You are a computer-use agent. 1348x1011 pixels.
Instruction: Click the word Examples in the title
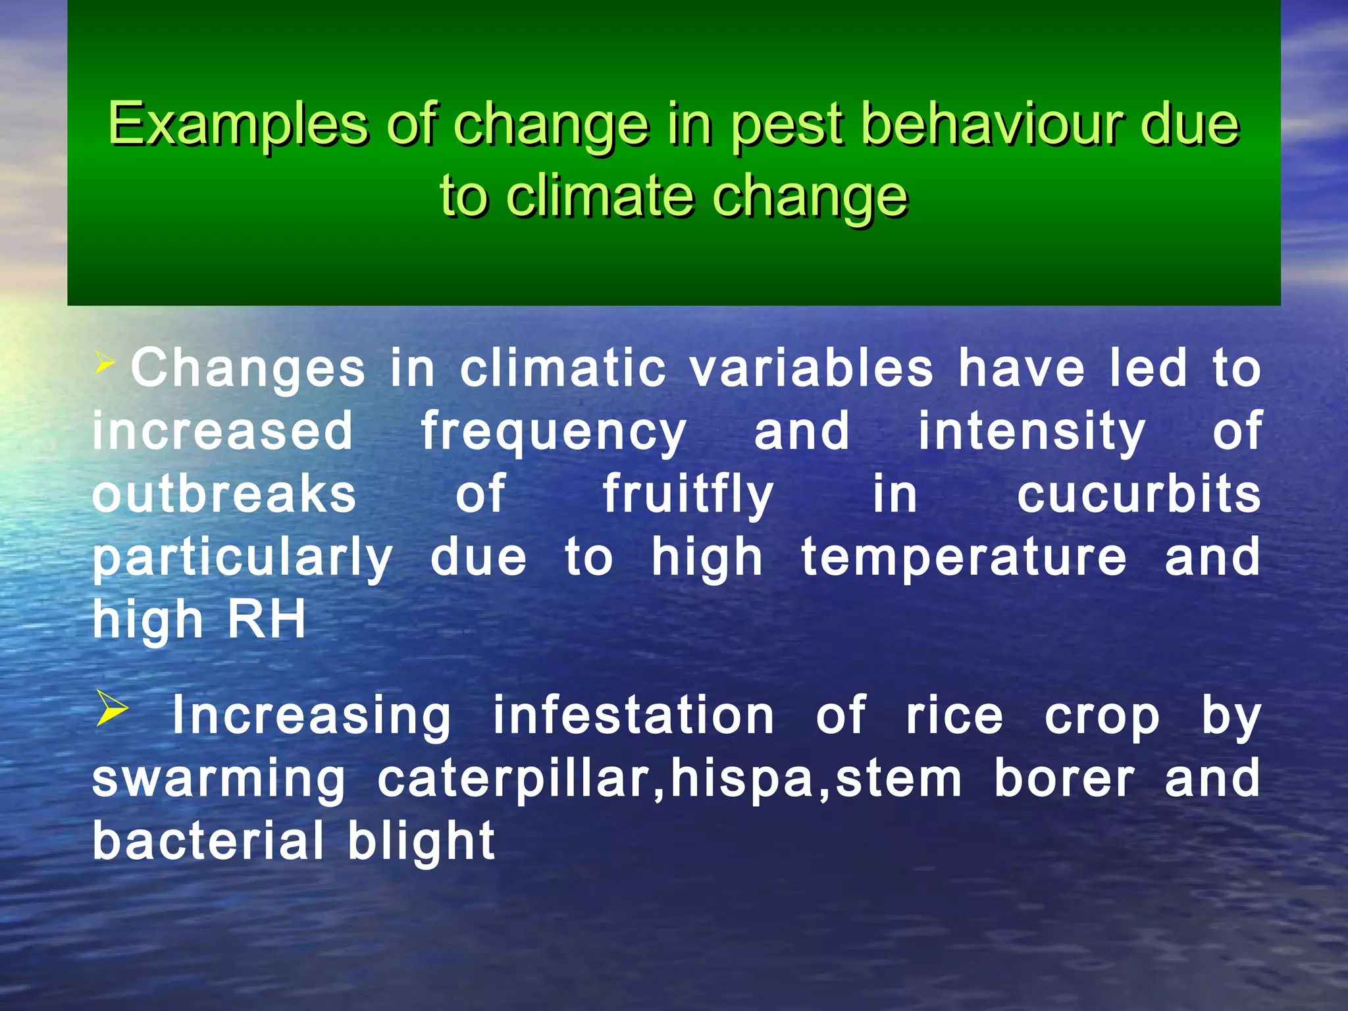click(x=238, y=125)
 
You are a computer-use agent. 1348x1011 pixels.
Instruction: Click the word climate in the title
click(x=601, y=197)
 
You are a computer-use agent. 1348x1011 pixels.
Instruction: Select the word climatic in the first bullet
click(x=563, y=368)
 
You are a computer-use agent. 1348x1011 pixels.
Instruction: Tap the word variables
click(x=812, y=368)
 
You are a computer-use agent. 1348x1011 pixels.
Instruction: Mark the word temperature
click(x=964, y=558)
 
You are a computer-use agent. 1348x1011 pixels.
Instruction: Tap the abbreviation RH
click(x=267, y=619)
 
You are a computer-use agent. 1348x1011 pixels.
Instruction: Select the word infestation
click(x=633, y=716)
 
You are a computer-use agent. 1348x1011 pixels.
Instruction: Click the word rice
click(x=954, y=716)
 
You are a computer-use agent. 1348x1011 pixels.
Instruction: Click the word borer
click(x=1064, y=779)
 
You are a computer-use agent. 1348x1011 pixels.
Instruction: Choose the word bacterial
click(x=209, y=841)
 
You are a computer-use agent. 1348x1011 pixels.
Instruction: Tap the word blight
click(x=421, y=841)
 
